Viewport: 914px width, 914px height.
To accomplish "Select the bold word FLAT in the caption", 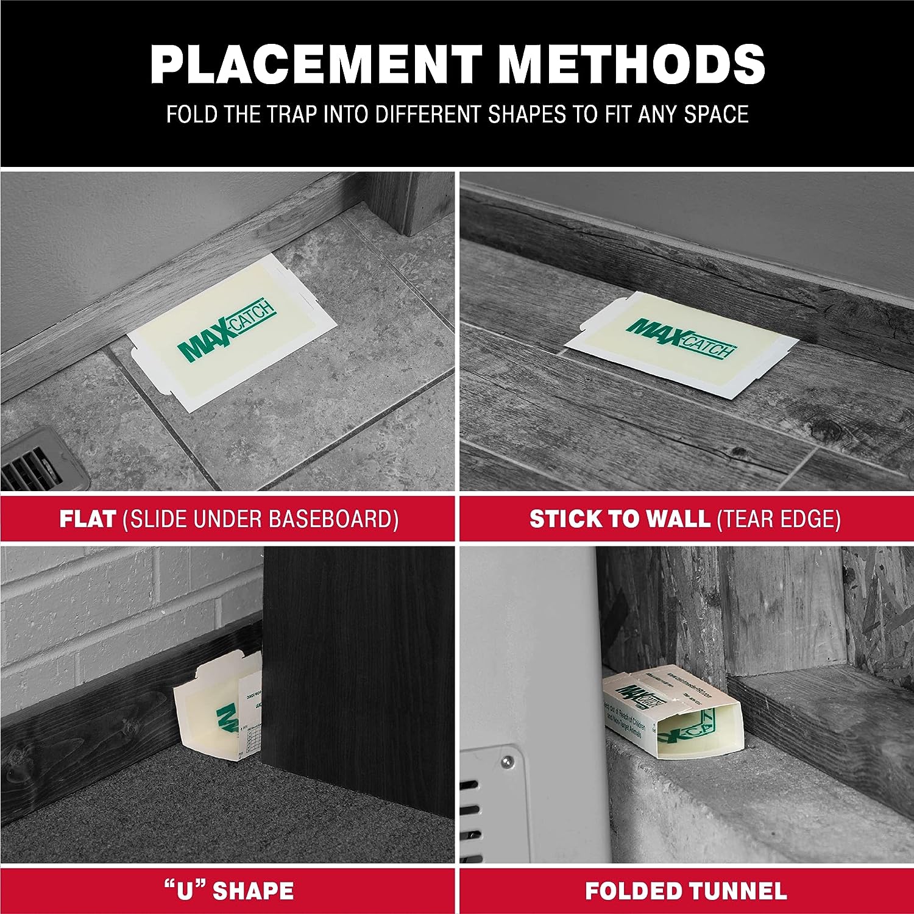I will point(87,519).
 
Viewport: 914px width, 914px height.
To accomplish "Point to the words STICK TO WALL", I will point(619,519).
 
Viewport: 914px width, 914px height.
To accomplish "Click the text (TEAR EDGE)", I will point(779,519).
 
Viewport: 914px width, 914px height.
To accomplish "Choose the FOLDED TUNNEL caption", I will point(686,890).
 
